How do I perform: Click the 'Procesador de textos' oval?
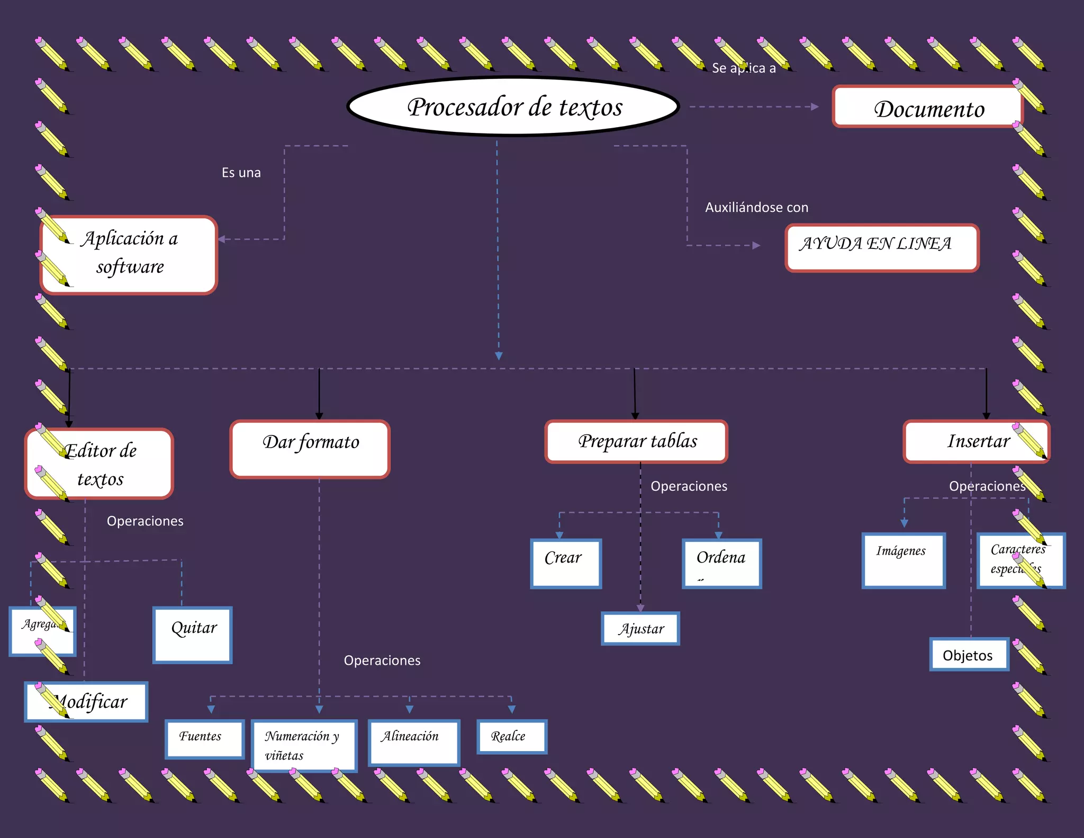tap(513, 106)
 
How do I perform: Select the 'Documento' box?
tap(927, 108)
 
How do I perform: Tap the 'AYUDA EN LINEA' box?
tap(882, 248)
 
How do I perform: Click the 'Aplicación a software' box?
tap(129, 254)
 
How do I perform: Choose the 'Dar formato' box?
tap(310, 449)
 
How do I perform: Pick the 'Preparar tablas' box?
tap(636, 441)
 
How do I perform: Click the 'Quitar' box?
tap(193, 635)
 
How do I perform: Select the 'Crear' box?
tap(566, 564)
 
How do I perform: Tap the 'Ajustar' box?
tap(640, 629)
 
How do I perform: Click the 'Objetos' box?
tap(969, 655)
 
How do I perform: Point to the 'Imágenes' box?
tap(904, 560)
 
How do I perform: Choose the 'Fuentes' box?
tap(204, 739)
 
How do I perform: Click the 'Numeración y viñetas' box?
tap(304, 745)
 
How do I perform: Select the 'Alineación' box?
tap(414, 742)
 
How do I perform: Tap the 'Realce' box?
tap(511, 736)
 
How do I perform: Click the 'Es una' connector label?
tap(241, 173)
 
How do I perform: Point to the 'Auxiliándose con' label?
tap(756, 207)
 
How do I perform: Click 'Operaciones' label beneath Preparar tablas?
tap(689, 486)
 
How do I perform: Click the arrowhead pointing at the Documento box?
tap(815, 107)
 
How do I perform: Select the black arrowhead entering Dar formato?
tap(319, 416)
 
